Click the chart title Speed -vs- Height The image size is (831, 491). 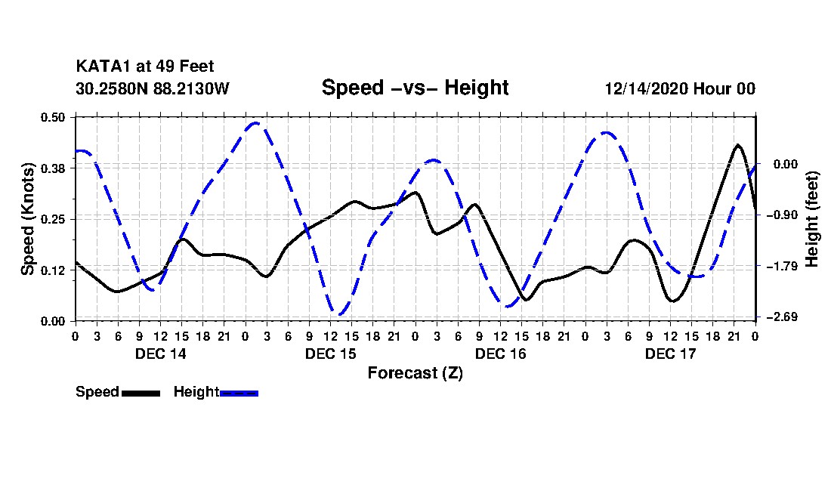[415, 88]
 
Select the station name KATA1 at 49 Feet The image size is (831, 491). [150, 67]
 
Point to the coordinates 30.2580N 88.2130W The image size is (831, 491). [152, 88]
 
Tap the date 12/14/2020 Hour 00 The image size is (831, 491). [680, 88]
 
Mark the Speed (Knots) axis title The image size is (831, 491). [28, 219]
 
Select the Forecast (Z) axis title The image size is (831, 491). [415, 373]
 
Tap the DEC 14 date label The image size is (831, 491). [160, 354]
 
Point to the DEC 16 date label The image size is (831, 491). [500, 354]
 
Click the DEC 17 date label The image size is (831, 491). [670, 354]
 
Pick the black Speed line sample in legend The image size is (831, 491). [141, 393]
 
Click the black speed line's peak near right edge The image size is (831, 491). [738, 144]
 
